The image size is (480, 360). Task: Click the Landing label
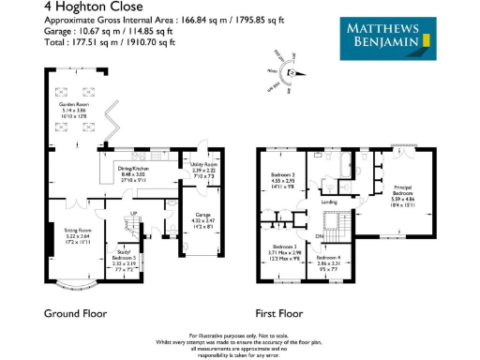tap(329, 201)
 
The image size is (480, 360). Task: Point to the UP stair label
tap(133, 214)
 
